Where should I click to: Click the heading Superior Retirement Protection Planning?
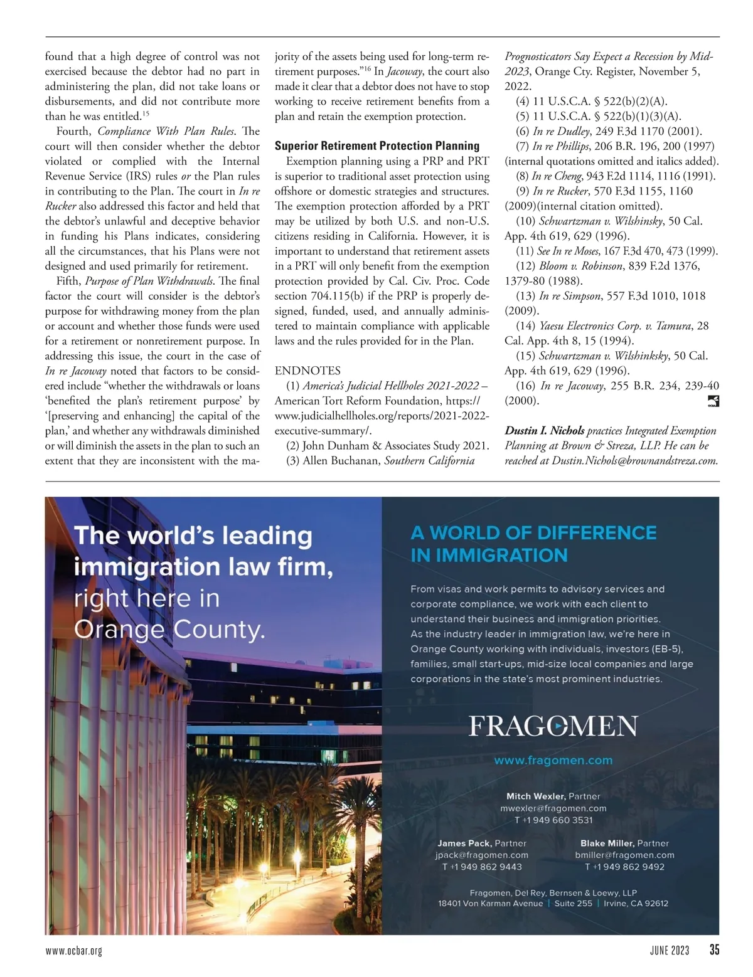pyautogui.click(x=376, y=146)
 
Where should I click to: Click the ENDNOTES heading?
pyautogui.click(x=307, y=371)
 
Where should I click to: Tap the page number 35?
pyautogui.click(x=714, y=949)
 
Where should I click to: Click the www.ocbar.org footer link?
pyautogui.click(x=73, y=951)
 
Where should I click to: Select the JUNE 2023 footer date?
pyautogui.click(x=670, y=950)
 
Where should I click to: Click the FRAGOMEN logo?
pyautogui.click(x=553, y=726)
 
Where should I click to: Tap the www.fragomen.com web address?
pyautogui.click(x=553, y=761)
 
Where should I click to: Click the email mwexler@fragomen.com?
pyautogui.click(x=553, y=808)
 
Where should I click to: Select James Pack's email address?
pyautogui.click(x=482, y=855)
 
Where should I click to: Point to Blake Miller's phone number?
pyautogui.click(x=624, y=867)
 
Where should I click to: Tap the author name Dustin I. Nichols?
pyautogui.click(x=544, y=431)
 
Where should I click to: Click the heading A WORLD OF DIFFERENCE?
pyautogui.click(x=533, y=533)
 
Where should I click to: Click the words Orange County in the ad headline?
pyautogui.click(x=169, y=628)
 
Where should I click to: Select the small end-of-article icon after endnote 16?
pyautogui.click(x=712, y=401)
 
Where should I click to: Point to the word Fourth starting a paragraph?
pyautogui.click(x=74, y=132)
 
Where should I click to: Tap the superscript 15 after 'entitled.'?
pyautogui.click(x=145, y=114)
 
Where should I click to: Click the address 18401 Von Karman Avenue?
pyautogui.click(x=490, y=904)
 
